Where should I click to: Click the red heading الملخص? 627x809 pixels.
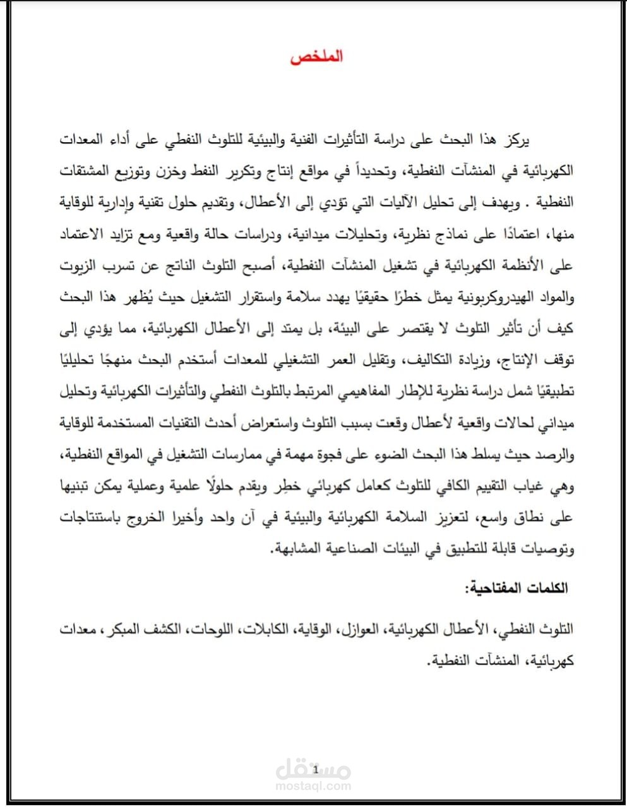pos(316,57)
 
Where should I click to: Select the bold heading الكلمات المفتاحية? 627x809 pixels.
pos(517,588)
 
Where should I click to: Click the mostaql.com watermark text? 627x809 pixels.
pos(314,786)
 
